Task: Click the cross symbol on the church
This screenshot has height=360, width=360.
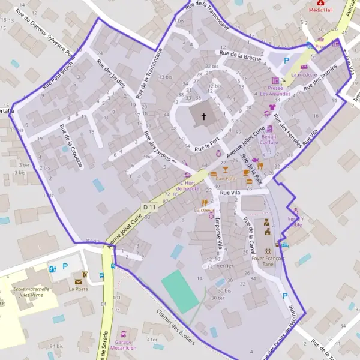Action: pos(204,116)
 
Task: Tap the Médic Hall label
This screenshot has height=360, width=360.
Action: pos(321,10)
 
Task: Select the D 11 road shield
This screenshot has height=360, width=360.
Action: pos(149,207)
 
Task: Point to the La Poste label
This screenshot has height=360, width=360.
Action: pos(78,289)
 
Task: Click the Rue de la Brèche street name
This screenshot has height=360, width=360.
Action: pos(240,55)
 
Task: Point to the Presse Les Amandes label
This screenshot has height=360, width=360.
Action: pos(275,91)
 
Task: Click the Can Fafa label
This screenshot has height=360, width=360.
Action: pos(226,178)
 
